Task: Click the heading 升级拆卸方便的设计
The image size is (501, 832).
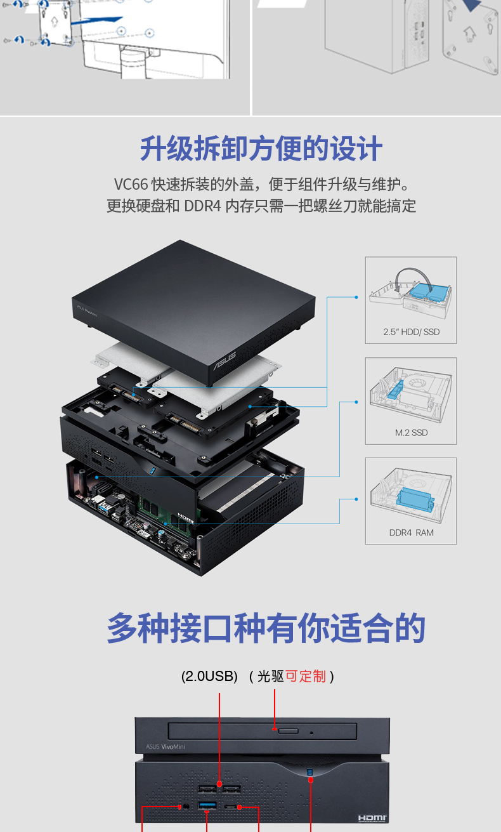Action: point(261,149)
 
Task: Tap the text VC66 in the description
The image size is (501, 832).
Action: point(131,184)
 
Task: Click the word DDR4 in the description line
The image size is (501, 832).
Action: point(202,206)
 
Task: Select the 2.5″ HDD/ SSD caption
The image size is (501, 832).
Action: point(411,332)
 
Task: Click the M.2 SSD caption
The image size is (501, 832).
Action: point(411,432)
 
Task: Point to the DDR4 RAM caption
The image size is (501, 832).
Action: point(411,532)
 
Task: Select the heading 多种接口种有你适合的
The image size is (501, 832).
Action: point(266,628)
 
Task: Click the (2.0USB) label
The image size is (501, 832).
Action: point(209,677)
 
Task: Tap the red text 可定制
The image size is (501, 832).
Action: point(306,677)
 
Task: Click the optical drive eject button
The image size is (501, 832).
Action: point(289,731)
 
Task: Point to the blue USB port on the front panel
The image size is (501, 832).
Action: point(207,805)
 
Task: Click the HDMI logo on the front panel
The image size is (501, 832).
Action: point(372,818)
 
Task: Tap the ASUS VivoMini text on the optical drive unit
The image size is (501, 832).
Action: point(166,746)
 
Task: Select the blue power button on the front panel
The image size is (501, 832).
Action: point(310,772)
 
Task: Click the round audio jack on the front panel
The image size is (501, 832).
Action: point(186,807)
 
